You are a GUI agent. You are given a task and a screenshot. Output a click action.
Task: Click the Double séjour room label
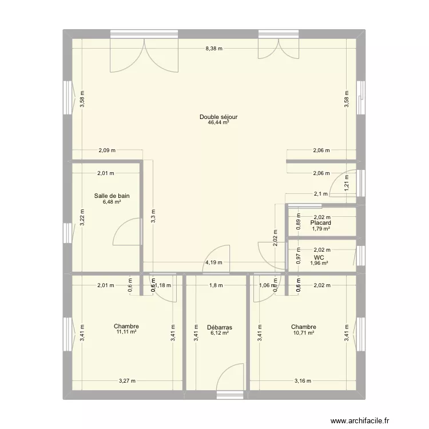click(x=218, y=117)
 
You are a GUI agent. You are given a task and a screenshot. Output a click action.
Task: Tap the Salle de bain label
click(x=112, y=196)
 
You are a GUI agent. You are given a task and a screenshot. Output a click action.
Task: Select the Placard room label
click(x=321, y=223)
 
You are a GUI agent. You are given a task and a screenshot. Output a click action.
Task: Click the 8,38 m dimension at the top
click(x=214, y=49)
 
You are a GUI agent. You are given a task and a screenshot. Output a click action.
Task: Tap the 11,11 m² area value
click(x=126, y=332)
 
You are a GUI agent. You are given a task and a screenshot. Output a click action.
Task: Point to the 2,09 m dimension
click(x=106, y=151)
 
